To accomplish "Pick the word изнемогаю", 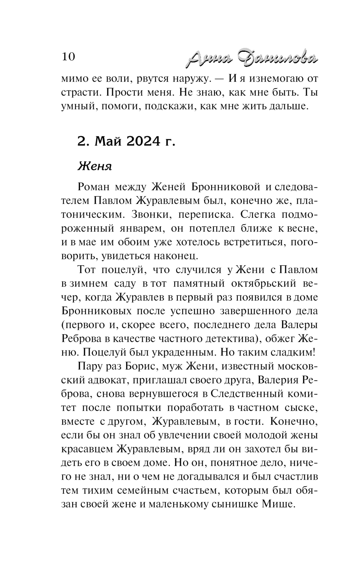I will (x=276, y=78).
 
